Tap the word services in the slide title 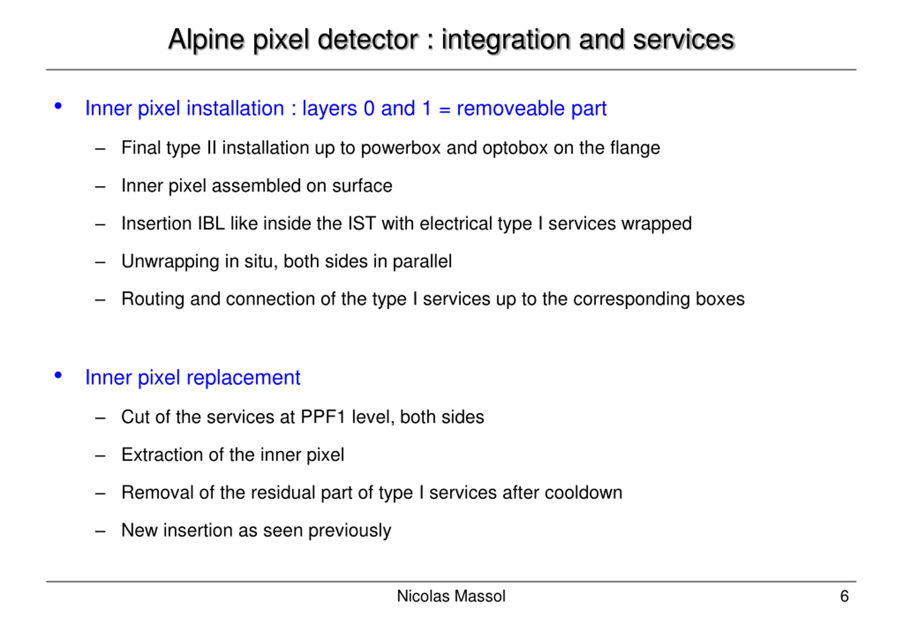tap(683, 40)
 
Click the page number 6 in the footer tap(844, 596)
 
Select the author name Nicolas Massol tap(451, 596)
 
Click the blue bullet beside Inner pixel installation tap(58, 106)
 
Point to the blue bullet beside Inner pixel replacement tap(58, 375)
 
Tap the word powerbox tap(401, 148)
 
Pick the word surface tap(362, 186)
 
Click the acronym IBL tap(211, 224)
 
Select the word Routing tap(153, 299)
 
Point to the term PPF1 tap(323, 417)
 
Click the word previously tap(349, 530)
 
